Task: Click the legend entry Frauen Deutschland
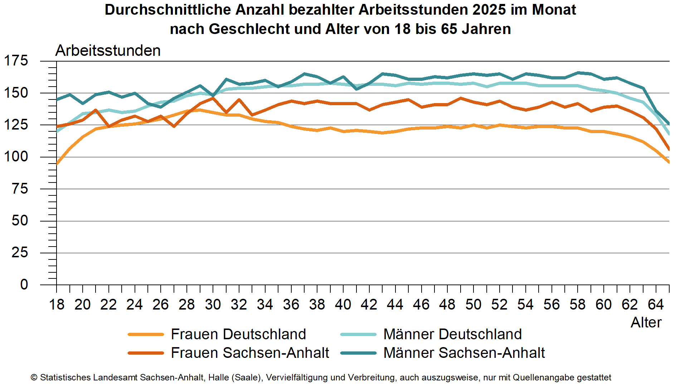tap(238, 334)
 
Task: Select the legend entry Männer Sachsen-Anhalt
tap(464, 353)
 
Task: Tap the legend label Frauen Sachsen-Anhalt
tap(250, 353)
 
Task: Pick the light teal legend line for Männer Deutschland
tap(358, 334)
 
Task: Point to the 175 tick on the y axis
tap(16, 60)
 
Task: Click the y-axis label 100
tap(16, 156)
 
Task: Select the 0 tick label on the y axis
tap(24, 285)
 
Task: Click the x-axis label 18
tap(57, 305)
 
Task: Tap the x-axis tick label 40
tap(343, 305)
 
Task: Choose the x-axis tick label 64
tap(656, 305)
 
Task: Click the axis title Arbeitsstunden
tap(108, 50)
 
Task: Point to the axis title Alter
tap(646, 322)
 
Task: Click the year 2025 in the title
tap(489, 10)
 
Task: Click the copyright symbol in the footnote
tap(34, 378)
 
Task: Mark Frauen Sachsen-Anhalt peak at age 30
tap(213, 98)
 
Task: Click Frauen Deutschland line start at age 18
tap(57, 164)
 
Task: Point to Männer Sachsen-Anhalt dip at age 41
tap(356, 89)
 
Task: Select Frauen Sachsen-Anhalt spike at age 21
tap(96, 110)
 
